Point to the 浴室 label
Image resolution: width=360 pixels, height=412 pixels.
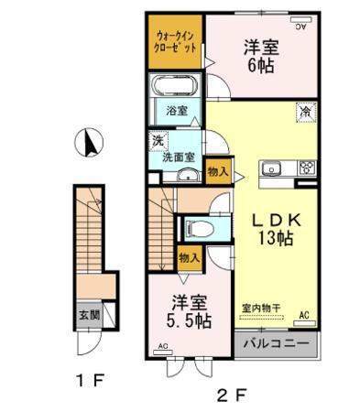pyautogui.click(x=177, y=111)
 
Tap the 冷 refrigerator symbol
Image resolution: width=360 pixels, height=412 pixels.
pyautogui.click(x=303, y=111)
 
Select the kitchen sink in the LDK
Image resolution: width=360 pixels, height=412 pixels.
pyautogui.click(x=272, y=168)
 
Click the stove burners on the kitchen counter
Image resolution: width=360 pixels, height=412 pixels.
pyautogui.click(x=305, y=168)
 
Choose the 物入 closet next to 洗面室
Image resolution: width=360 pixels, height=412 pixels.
pyautogui.click(x=218, y=171)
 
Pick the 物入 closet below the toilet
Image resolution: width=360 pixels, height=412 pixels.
pyautogui.click(x=189, y=258)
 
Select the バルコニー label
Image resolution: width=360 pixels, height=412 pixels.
pyautogui.click(x=277, y=346)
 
